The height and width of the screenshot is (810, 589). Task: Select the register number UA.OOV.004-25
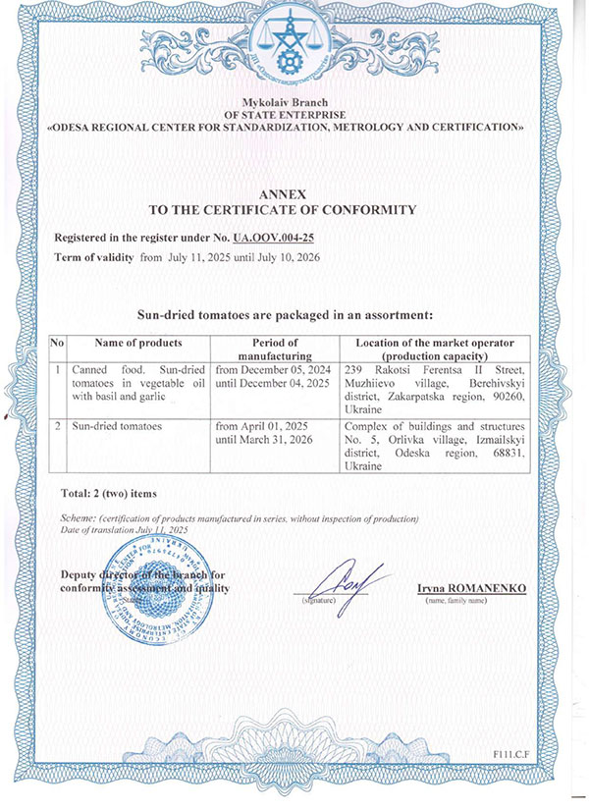[x=273, y=239]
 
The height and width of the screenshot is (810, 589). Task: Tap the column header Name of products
[x=138, y=343]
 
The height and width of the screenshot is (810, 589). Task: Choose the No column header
[x=57, y=343]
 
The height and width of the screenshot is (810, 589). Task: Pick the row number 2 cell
[x=57, y=428]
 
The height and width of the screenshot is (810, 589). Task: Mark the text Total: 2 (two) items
[x=108, y=492]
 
